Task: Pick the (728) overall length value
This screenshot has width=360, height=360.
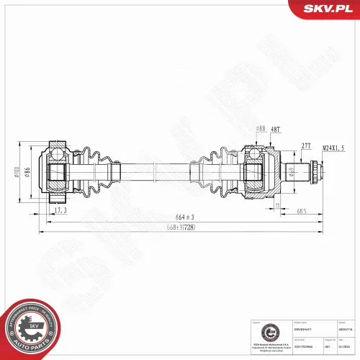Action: (x=186, y=228)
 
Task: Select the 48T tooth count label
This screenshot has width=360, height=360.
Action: (x=276, y=129)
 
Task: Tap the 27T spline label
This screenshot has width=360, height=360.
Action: (x=305, y=145)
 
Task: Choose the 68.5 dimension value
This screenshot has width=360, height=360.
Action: (x=300, y=211)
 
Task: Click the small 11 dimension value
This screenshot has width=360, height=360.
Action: (x=276, y=207)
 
